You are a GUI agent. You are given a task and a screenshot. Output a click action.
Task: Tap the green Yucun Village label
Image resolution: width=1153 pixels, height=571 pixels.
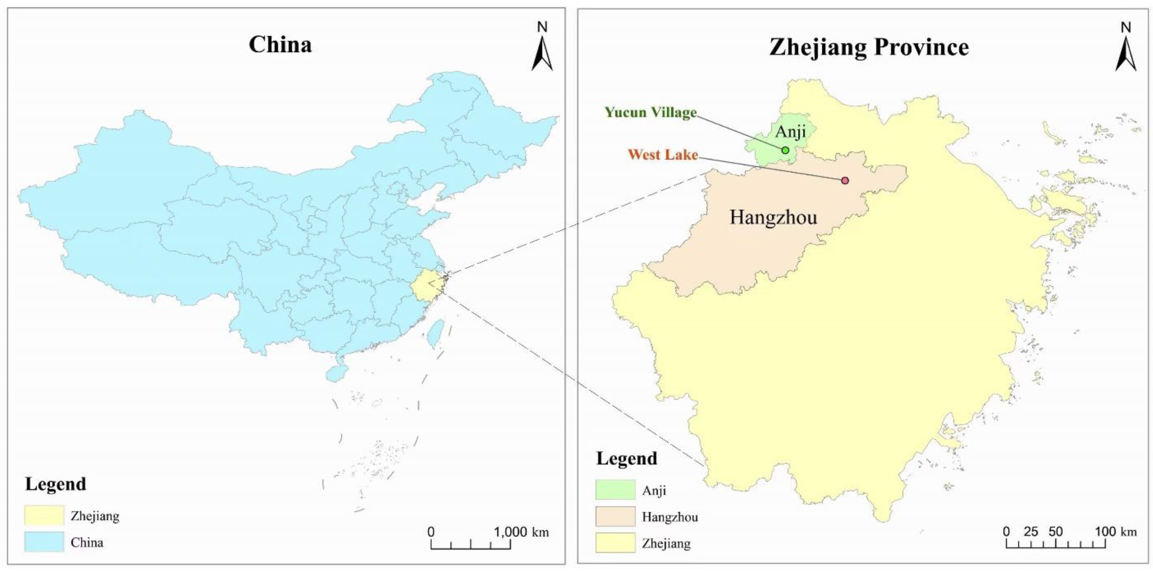pos(650,112)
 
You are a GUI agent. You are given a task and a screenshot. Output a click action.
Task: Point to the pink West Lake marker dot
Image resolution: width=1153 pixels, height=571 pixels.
pos(844,181)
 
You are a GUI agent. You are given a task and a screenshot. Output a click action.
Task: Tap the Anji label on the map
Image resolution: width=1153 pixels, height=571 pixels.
pos(791,132)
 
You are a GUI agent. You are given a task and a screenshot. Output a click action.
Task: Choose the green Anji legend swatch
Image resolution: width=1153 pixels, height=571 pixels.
pos(615,490)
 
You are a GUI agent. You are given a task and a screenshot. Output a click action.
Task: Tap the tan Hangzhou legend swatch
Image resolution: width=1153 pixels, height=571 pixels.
pos(615,517)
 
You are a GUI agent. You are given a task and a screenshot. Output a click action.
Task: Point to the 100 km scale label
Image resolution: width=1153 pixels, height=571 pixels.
pos(1115,532)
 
